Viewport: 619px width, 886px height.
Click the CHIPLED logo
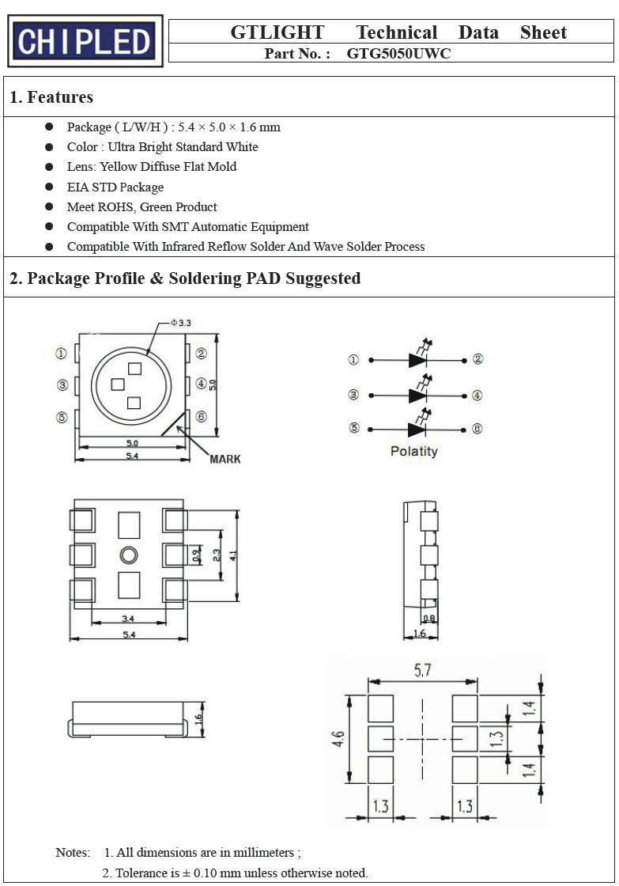(85, 40)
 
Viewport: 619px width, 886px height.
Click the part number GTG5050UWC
(398, 54)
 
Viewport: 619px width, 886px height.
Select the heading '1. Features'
(51, 97)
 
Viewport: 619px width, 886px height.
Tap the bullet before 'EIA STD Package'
(49, 187)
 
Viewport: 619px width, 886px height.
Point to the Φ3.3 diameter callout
(181, 324)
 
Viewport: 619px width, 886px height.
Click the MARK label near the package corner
(225, 459)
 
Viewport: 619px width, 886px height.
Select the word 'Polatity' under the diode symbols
(414, 451)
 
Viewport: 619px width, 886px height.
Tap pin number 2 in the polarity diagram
(477, 359)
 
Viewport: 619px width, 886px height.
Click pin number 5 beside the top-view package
(62, 417)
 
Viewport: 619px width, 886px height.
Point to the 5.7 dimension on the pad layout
(422, 670)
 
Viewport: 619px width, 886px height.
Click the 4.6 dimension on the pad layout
(338, 739)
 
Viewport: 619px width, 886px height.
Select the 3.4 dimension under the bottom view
(128, 619)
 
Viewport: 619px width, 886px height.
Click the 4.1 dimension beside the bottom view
(232, 555)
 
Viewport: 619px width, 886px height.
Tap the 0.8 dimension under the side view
(429, 618)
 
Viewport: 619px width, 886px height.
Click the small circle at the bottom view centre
(129, 555)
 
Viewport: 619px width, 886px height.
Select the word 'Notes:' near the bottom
(73, 852)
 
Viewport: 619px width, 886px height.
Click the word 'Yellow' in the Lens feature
(119, 167)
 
